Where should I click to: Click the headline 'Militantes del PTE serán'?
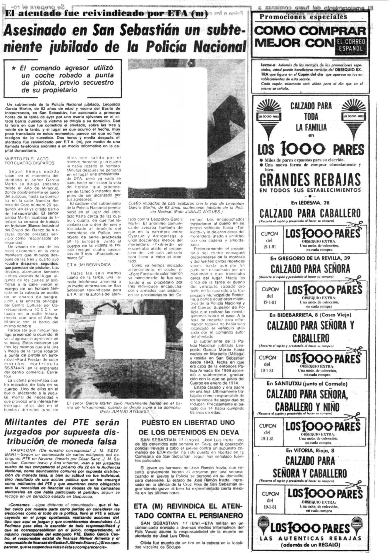point(62,422)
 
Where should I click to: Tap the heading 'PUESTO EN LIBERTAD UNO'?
point(188,422)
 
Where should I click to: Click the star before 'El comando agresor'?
point(14,68)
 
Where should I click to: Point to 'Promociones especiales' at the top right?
point(303,17)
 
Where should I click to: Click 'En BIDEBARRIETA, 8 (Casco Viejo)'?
point(310,314)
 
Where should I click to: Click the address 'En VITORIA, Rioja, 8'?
point(310,450)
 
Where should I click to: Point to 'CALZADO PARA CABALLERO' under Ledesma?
point(310,213)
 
